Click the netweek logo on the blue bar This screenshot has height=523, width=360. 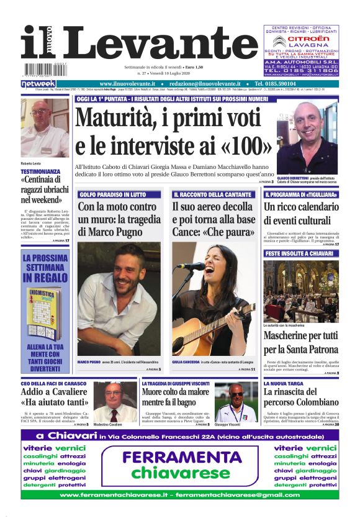(x=38, y=84)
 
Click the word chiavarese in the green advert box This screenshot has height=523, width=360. (x=180, y=474)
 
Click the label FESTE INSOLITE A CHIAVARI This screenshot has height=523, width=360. (x=299, y=254)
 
